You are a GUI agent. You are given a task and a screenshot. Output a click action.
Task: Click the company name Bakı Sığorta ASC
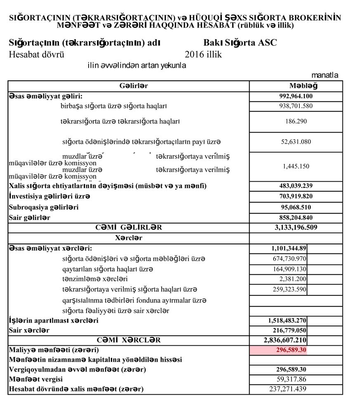click(x=240, y=43)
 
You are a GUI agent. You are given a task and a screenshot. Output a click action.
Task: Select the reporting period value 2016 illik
click(x=203, y=54)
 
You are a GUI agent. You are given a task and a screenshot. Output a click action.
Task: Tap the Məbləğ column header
click(x=296, y=86)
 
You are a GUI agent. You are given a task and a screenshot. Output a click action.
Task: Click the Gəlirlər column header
click(x=128, y=86)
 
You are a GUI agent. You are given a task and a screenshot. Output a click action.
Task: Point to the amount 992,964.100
click(x=296, y=96)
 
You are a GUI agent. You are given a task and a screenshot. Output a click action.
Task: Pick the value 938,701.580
click(x=296, y=106)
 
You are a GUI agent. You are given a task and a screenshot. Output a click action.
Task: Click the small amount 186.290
click(x=296, y=122)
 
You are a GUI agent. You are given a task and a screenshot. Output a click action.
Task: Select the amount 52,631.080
click(x=296, y=142)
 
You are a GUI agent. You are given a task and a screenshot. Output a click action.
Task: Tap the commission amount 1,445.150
click(x=296, y=166)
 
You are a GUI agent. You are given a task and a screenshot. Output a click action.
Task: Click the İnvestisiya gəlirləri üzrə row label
click(x=49, y=196)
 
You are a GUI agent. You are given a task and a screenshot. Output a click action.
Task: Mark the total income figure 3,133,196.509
click(x=296, y=227)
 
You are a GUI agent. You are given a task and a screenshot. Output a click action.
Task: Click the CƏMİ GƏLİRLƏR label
click(x=129, y=227)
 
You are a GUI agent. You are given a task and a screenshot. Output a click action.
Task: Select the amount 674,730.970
click(x=287, y=259)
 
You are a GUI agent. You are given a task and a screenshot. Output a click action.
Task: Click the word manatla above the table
click(x=325, y=75)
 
